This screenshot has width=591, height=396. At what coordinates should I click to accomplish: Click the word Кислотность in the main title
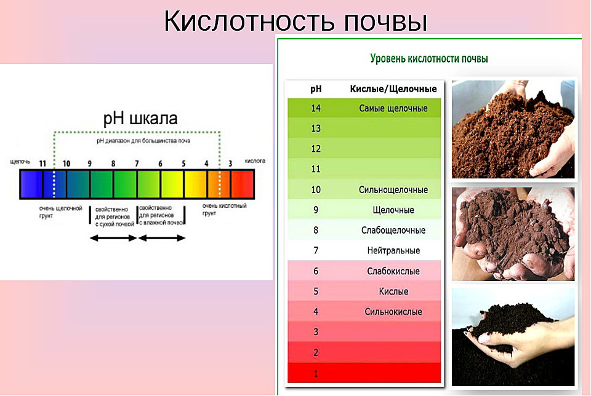249,21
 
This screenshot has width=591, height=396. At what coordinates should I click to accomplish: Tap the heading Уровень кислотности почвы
429,58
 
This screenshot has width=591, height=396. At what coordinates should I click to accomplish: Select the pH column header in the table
316,89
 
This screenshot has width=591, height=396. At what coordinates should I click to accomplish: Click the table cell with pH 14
316,108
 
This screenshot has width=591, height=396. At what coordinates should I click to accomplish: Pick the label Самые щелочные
393,108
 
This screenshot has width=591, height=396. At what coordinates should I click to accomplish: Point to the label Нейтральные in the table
393,250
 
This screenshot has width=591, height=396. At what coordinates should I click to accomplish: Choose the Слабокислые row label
393,271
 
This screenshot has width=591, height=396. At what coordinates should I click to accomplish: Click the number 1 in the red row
316,374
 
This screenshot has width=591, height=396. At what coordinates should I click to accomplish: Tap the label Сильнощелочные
393,190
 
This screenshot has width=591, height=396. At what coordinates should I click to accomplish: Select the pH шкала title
140,119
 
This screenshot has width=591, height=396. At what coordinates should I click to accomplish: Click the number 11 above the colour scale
42,164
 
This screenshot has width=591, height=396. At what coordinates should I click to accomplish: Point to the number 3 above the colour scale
230,164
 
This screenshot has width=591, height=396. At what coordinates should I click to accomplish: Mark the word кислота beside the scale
255,160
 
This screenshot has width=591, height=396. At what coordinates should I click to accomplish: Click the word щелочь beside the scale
20,162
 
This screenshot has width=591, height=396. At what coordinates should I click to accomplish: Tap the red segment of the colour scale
242,184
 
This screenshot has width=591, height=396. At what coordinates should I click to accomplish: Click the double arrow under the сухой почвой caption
113,238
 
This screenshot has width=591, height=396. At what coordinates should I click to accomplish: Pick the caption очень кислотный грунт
224,210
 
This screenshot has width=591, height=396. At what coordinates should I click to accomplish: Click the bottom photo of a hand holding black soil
513,337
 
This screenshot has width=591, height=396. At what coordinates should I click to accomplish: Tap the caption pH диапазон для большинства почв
143,141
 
